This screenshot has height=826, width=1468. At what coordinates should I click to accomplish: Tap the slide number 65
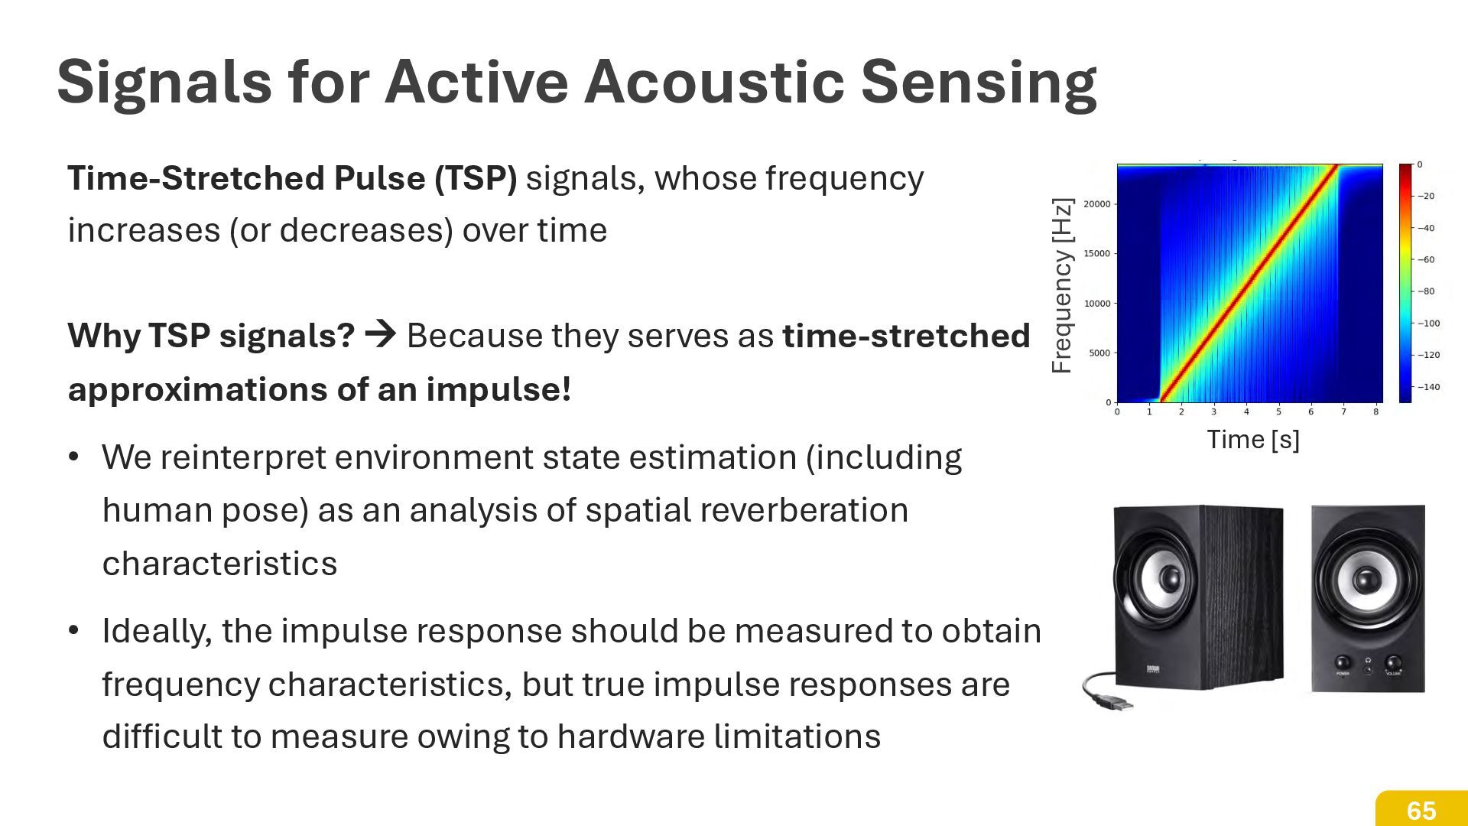click(x=1421, y=811)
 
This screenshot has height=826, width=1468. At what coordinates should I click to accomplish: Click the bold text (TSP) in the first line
click(x=476, y=178)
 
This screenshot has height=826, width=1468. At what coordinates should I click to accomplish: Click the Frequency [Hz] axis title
click(x=1062, y=286)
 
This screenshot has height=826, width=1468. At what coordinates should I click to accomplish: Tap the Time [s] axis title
click(x=1252, y=440)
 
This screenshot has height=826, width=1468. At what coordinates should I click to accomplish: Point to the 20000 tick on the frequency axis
click(x=1096, y=204)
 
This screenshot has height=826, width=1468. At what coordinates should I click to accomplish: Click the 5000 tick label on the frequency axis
click(x=1099, y=353)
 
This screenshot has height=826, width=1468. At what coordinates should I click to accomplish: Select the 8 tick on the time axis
click(x=1375, y=412)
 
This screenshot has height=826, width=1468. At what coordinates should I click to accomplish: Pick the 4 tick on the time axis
click(x=1246, y=412)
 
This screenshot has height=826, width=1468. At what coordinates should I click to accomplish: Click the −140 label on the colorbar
click(x=1428, y=387)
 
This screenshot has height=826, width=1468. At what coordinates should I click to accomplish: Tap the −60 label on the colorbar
click(x=1427, y=260)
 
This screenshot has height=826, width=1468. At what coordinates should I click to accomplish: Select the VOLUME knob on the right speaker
click(x=1393, y=663)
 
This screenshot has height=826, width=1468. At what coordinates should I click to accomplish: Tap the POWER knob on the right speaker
click(x=1343, y=663)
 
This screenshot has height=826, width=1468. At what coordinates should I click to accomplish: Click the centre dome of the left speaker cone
click(x=1168, y=578)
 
